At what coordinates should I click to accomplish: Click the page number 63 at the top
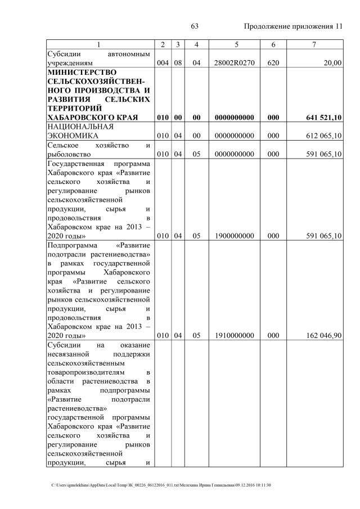pyautogui.click(x=195, y=26)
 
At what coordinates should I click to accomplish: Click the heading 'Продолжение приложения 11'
pyautogui.click(x=293, y=26)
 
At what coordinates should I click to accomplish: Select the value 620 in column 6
pyautogui.click(x=273, y=63)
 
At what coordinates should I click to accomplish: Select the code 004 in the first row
pyautogui.click(x=163, y=63)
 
